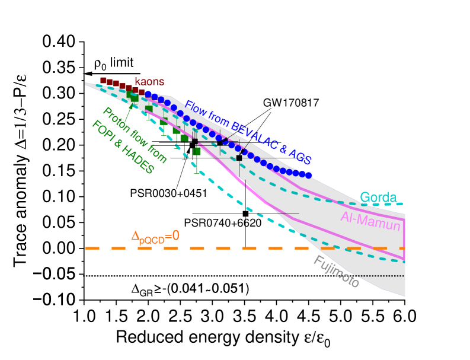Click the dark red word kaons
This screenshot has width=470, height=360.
149,81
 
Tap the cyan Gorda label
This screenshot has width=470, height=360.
378,197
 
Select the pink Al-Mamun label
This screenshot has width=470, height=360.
370,221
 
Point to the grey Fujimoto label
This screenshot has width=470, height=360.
336,272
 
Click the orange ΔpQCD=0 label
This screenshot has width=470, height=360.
155,237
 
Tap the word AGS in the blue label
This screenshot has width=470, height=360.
300,156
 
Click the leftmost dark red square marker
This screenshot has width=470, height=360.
103,80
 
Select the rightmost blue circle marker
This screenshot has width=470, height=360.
309,175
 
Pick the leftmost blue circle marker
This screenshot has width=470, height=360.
148,94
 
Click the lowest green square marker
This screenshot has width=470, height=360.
197,151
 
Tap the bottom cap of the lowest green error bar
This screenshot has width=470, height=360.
197,173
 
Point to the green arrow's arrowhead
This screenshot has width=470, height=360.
132,105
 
